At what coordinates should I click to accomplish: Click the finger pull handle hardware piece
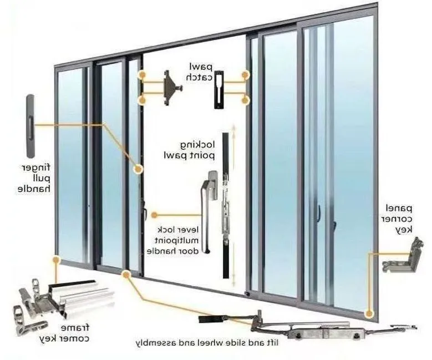tap(31, 126)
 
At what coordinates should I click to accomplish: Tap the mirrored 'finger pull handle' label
tap(34, 178)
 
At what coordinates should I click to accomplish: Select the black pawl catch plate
tap(218, 89)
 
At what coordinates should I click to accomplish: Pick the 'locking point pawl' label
tap(189, 150)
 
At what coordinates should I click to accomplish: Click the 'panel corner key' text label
tap(398, 219)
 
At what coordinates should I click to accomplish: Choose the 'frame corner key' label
tap(64, 333)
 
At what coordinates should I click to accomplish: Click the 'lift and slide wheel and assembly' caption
tap(207, 343)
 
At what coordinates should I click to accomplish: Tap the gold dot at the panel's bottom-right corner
tap(369, 313)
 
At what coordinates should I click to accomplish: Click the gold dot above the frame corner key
tap(56, 260)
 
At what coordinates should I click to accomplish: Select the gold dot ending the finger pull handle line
tap(138, 169)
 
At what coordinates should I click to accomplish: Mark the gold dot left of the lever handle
tap(154, 215)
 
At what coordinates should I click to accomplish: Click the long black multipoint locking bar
tap(226, 205)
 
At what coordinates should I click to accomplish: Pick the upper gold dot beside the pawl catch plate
tap(245, 75)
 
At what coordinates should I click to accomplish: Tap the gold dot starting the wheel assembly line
tap(126, 274)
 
